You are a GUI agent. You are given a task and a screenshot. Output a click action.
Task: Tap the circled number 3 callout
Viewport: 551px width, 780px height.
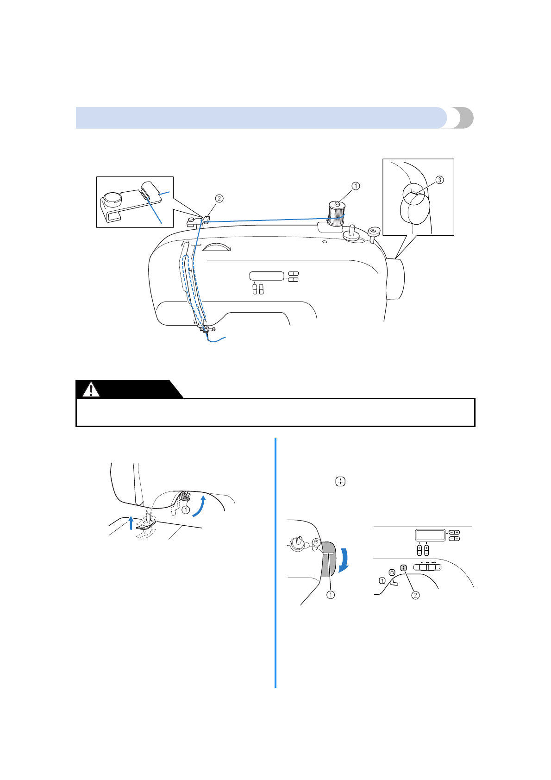click(x=439, y=180)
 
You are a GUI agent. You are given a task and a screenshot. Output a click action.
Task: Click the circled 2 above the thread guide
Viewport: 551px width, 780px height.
click(x=219, y=199)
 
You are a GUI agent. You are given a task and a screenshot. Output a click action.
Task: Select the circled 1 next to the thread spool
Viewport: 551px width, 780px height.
click(x=356, y=186)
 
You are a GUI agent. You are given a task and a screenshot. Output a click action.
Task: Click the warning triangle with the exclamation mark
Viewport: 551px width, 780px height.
click(x=91, y=390)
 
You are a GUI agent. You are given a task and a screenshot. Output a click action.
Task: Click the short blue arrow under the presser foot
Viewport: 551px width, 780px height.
click(x=131, y=522)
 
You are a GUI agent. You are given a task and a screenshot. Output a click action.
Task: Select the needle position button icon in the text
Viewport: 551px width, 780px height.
click(x=340, y=482)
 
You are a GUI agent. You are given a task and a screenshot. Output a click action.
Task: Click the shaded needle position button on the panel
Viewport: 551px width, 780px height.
click(x=403, y=567)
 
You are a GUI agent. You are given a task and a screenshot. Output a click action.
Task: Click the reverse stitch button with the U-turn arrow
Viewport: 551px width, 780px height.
click(x=392, y=572)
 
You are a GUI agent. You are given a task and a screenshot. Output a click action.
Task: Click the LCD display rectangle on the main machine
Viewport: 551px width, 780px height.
click(x=267, y=276)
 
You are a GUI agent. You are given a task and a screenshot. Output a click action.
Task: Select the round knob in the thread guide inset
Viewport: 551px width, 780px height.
click(x=113, y=199)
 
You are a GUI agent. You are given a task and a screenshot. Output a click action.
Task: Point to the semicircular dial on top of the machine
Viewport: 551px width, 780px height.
click(x=217, y=247)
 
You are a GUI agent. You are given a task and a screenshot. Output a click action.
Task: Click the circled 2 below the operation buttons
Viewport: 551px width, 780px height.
click(x=415, y=595)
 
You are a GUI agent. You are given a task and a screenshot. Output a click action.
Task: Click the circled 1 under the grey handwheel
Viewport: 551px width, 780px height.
click(x=331, y=595)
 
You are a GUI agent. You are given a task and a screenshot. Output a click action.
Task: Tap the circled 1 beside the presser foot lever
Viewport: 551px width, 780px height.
click(x=186, y=510)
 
